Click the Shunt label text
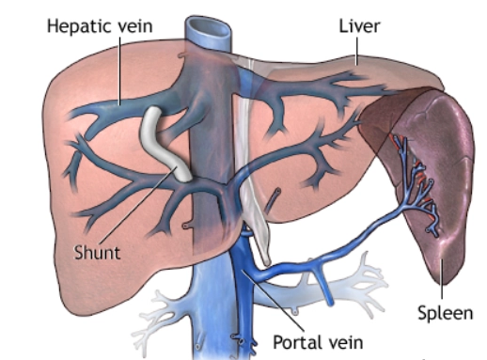97,252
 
